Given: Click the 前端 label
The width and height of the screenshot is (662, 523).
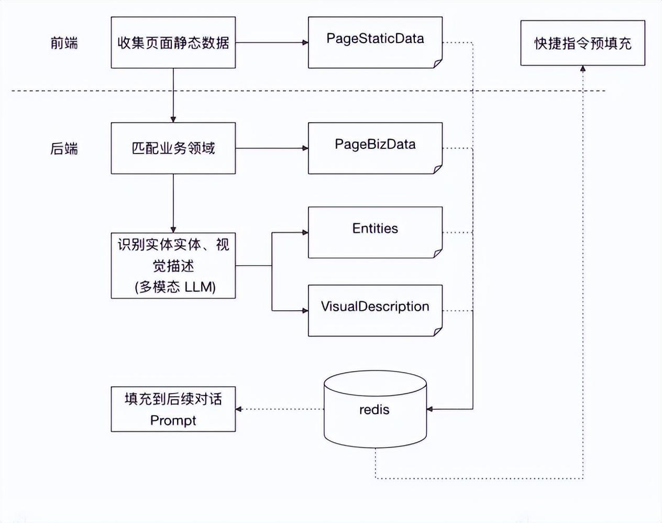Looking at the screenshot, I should click(x=64, y=42).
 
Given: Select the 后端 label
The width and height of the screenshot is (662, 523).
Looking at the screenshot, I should click(x=64, y=149).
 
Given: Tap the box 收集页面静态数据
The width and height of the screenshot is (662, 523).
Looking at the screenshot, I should click(x=173, y=42).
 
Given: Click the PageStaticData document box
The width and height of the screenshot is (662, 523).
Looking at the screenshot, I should click(x=375, y=42).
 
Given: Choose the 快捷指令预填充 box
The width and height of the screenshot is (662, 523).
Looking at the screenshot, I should click(x=582, y=43).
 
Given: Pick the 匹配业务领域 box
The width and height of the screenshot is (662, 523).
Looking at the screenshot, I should click(x=173, y=148).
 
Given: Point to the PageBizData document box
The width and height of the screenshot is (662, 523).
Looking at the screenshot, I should click(x=375, y=148).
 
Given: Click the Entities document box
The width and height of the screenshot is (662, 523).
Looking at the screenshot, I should click(x=375, y=232).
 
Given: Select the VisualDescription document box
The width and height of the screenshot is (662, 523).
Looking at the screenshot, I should click(x=375, y=310).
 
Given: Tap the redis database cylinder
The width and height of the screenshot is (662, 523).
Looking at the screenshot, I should click(x=375, y=410).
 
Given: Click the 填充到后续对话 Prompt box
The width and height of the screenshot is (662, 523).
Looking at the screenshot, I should click(x=173, y=409).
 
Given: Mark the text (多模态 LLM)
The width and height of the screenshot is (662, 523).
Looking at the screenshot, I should click(x=175, y=287).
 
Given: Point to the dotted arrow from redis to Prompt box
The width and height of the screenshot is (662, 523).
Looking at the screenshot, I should click(x=280, y=409).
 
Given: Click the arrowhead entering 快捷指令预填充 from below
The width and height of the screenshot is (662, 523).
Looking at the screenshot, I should click(x=583, y=69).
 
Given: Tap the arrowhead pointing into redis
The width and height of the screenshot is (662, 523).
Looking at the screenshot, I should click(x=430, y=409).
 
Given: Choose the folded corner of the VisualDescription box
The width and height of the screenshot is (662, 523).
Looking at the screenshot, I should click(x=438, y=332).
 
